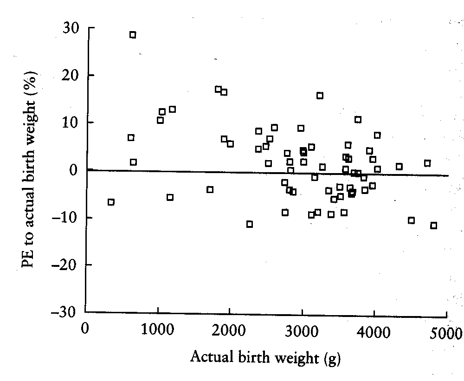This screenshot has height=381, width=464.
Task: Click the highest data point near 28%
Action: (x=133, y=35)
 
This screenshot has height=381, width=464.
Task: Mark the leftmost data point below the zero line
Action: (x=111, y=202)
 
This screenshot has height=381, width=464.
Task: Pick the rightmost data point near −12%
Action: (x=434, y=226)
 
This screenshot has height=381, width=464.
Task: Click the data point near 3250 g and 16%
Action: (x=320, y=96)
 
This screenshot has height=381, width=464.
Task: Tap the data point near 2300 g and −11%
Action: (x=250, y=224)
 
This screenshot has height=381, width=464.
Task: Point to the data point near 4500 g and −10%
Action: (x=411, y=220)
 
